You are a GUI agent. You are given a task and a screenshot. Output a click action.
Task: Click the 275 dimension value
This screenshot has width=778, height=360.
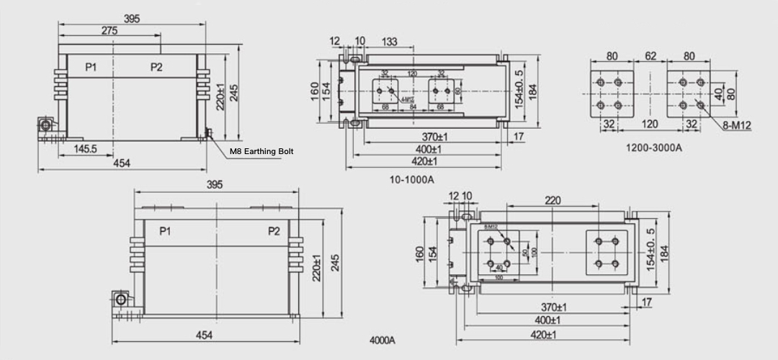point(109,31)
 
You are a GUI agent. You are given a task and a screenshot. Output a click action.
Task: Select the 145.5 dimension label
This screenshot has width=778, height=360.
point(84,148)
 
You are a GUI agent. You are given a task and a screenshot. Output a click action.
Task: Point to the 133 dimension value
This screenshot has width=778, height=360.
point(389,42)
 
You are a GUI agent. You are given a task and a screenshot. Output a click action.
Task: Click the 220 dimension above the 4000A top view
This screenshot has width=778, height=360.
point(553,200)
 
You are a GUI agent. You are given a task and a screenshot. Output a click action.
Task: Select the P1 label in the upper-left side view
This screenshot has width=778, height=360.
point(91,67)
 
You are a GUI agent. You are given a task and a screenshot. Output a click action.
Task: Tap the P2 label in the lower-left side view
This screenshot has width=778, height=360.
point(274,231)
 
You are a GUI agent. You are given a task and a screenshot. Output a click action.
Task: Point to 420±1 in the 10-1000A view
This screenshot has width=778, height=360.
point(428,161)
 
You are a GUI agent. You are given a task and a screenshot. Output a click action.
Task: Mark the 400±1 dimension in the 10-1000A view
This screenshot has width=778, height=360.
point(428,149)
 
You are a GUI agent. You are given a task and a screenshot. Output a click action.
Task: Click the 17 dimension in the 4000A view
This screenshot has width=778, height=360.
point(646,303)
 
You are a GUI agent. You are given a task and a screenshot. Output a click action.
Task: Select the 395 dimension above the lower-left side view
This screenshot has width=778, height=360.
point(215,185)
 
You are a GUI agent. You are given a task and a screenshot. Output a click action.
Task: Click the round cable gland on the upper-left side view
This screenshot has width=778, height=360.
point(46,126)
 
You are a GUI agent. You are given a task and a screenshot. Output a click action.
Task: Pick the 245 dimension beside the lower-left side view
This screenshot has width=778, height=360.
point(335,263)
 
